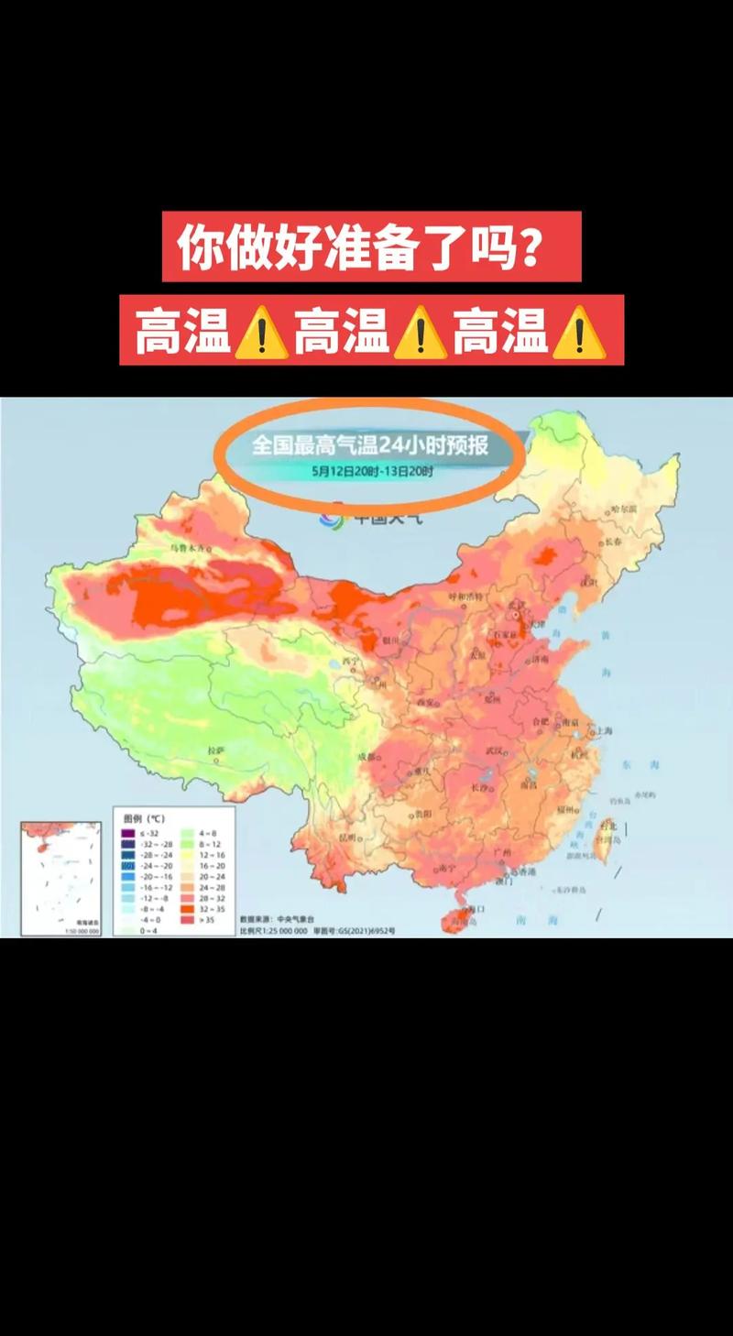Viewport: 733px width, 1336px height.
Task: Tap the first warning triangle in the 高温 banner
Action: [x=261, y=332]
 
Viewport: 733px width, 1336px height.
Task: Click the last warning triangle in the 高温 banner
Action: [x=578, y=332]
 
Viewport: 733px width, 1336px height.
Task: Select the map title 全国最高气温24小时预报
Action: [x=370, y=446]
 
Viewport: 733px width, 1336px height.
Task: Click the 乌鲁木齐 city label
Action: [x=189, y=548]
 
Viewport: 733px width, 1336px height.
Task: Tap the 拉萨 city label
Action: [x=216, y=750]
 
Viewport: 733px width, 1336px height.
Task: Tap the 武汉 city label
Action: [x=495, y=750]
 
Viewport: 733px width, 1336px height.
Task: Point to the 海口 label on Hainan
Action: [x=475, y=909]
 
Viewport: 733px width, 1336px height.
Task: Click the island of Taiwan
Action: [x=604, y=839]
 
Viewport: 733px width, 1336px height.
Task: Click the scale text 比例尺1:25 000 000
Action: [x=273, y=930]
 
